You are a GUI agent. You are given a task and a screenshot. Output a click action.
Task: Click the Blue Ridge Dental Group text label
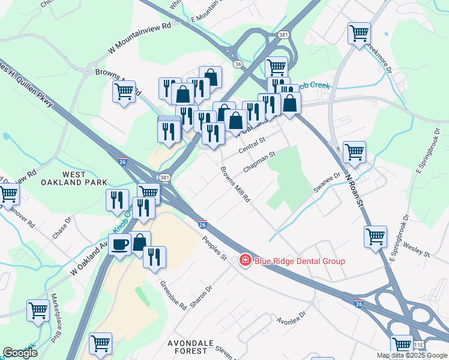(x=300, y=261)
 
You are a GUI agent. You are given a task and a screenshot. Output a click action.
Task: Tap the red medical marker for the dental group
(x=245, y=260)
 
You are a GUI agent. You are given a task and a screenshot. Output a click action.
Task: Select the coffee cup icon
(x=120, y=245)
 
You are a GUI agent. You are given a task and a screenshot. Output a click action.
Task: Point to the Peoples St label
(x=214, y=248)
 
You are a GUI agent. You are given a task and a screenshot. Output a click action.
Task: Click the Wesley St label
(x=418, y=250)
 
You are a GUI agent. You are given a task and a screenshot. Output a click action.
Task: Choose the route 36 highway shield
(x=238, y=64)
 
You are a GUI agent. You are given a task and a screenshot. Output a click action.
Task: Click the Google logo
(x=20, y=353)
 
